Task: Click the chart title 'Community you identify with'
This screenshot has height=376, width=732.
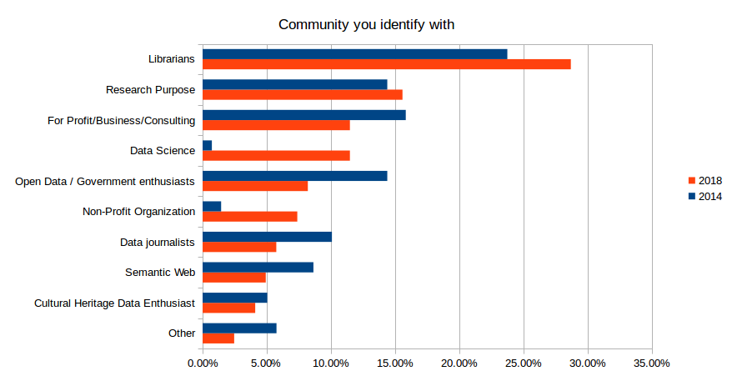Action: click(x=366, y=24)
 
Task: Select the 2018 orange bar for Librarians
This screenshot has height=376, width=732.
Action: click(x=386, y=64)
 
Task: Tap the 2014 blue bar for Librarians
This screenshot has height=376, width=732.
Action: click(x=354, y=54)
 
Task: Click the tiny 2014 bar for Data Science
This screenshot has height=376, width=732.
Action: click(x=207, y=145)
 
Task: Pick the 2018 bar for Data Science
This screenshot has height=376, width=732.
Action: click(x=276, y=155)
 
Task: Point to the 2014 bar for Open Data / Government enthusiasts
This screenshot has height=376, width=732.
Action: click(x=294, y=176)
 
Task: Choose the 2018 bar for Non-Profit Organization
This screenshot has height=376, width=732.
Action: click(x=249, y=217)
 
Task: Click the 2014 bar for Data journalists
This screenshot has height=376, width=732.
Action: click(x=267, y=237)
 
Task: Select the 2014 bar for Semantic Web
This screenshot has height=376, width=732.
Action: click(x=258, y=267)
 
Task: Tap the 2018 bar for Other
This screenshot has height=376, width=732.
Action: click(x=218, y=338)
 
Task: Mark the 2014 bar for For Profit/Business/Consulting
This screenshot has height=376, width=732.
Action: click(x=303, y=115)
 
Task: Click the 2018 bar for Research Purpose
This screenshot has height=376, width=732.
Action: click(x=302, y=94)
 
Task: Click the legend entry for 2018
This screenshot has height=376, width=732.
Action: click(x=704, y=181)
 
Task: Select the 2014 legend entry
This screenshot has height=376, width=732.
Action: click(x=704, y=197)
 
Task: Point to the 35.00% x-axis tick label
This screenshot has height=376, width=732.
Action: click(x=651, y=363)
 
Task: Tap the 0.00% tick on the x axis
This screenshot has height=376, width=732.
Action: click(x=203, y=363)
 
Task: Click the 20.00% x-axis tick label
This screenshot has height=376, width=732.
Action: click(x=459, y=363)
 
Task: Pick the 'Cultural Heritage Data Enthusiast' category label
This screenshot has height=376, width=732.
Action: click(x=114, y=303)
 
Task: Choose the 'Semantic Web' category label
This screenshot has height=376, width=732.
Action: click(x=160, y=273)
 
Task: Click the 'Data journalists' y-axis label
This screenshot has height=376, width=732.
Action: click(x=158, y=243)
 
